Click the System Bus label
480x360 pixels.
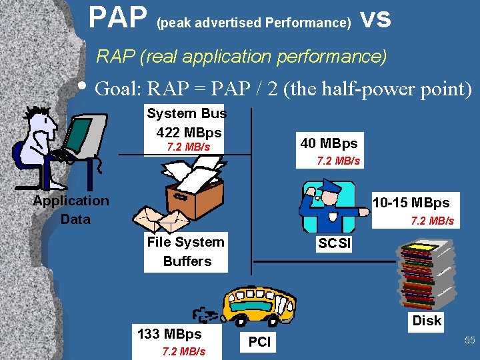tap(187, 113)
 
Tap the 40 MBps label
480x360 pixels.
tap(329, 143)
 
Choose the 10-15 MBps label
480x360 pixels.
tap(411, 202)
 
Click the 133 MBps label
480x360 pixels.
tap(169, 333)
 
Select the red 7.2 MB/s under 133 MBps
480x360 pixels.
tap(183, 351)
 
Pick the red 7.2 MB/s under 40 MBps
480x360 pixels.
tap(339, 161)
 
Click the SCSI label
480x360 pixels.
tap(334, 243)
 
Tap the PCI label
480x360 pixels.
tap(259, 342)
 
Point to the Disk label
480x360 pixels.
tap(427, 321)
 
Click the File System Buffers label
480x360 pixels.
tap(186, 251)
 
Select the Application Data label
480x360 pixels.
tap(71, 209)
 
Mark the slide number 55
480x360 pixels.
tap(469, 340)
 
